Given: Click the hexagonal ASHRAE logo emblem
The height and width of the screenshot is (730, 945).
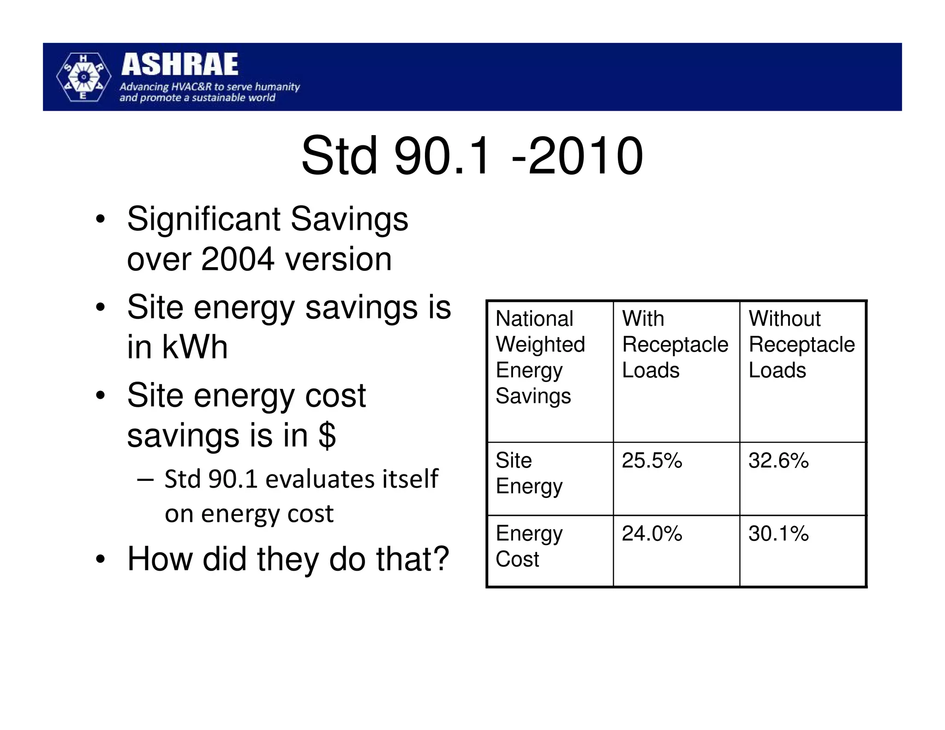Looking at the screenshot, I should point(83,77).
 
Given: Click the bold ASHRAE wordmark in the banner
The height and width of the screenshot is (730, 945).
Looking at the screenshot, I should point(179,64).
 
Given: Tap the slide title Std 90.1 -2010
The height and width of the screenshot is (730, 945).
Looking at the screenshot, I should point(472,156).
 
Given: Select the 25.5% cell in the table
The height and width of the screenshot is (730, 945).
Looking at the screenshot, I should point(652,461).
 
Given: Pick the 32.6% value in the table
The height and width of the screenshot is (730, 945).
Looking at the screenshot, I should point(778,461).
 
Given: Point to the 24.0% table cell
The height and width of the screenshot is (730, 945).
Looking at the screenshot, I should point(652,533).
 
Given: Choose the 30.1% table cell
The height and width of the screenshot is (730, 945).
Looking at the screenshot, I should point(778,533).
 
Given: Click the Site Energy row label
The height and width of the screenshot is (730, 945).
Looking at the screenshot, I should point(529,473).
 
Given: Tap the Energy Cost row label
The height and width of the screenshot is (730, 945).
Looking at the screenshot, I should point(529,546).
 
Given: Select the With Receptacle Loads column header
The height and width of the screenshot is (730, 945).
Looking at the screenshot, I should point(675,344).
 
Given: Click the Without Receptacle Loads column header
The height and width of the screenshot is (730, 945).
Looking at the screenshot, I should point(801,344).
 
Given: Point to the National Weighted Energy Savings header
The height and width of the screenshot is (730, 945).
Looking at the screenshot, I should point(540,357).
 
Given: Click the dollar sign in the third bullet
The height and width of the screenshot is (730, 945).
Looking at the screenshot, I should point(327,435).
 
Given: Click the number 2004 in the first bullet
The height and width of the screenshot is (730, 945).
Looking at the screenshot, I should point(238,259).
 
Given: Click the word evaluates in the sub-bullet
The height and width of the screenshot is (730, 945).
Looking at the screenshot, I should point(314,479).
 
